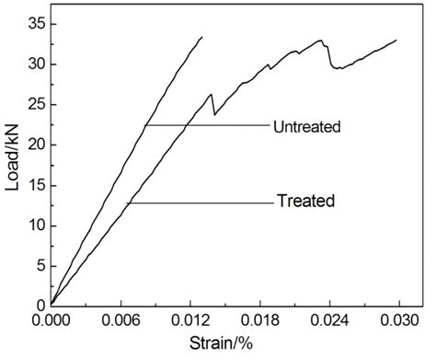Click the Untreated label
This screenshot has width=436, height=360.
pos(307,126)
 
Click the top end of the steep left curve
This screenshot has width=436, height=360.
pos(201,38)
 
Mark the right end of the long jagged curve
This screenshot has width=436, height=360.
pos(396,41)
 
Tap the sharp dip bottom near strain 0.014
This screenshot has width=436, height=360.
pos(214,114)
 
